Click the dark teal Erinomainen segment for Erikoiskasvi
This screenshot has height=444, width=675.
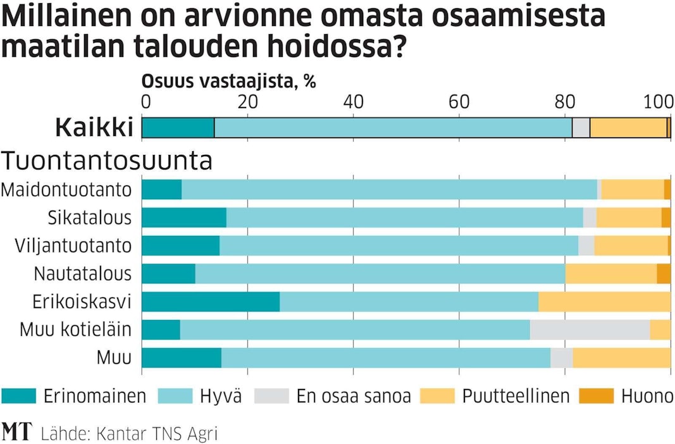210,302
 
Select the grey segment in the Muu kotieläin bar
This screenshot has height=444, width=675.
590,330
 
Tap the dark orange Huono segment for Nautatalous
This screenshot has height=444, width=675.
664,273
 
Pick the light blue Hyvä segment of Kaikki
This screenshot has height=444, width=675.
393,127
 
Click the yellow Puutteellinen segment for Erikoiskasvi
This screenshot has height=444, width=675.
604,302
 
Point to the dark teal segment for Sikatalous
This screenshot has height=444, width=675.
183,218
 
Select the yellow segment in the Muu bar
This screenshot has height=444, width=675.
621,357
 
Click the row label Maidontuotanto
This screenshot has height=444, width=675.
66,190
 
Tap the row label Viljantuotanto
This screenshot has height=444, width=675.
73,245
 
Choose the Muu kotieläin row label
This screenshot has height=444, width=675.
75,330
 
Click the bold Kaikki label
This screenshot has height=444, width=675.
94,127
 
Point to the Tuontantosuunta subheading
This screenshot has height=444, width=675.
107,161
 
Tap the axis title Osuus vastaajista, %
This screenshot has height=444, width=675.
228,82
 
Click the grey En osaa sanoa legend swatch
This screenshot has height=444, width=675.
271,396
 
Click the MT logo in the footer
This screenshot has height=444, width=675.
17,432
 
